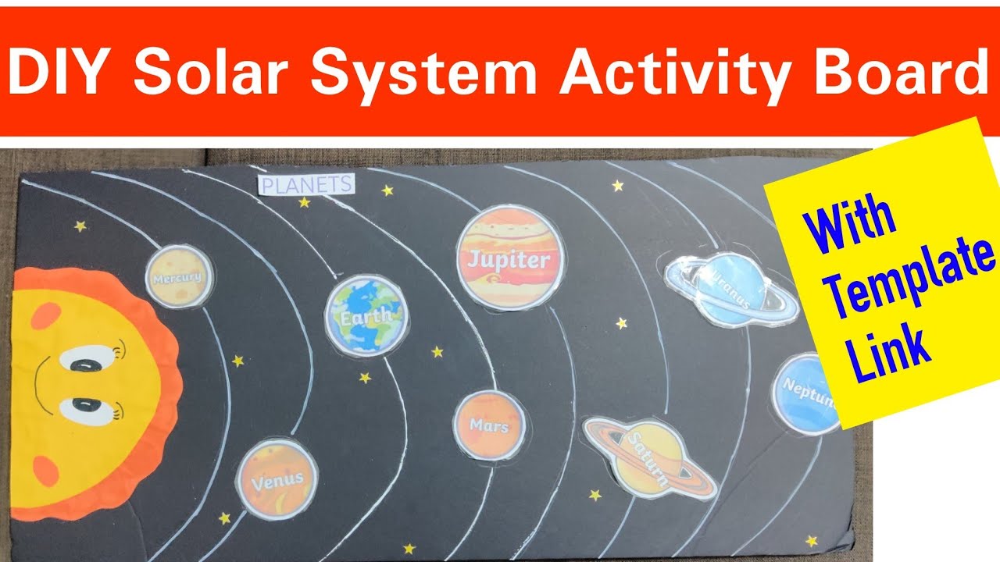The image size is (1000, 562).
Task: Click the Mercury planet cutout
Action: pos(178,276)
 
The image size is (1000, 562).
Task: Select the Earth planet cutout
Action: pos(365,315)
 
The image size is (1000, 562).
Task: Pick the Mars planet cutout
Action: pos(489,425)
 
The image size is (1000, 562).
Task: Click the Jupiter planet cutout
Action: pos(509,258)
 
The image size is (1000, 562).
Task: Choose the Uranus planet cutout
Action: pos(730,288)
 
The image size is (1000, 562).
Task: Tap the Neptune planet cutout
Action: pos(806,392)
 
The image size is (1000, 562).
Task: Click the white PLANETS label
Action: pos(306,185)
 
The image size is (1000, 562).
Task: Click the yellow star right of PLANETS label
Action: pos(387,190)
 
